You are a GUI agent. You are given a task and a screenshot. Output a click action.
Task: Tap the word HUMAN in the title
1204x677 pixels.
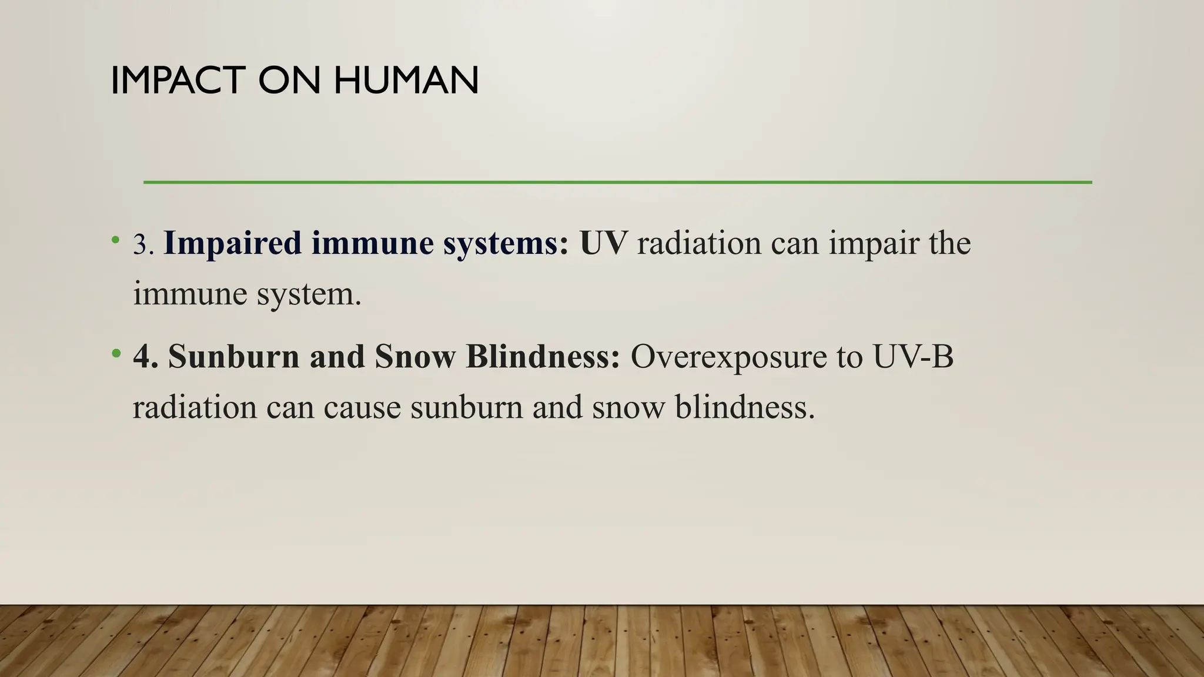[x=406, y=81]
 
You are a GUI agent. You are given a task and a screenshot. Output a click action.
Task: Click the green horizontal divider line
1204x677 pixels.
[x=617, y=182]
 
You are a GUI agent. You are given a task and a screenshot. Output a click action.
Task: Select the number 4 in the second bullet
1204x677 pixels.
[x=142, y=357]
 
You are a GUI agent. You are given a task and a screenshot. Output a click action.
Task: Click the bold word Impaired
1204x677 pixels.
[x=232, y=243]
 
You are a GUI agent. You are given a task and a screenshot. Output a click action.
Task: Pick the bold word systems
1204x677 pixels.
[x=506, y=243]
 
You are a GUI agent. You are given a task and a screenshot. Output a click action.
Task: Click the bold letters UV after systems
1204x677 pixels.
[x=603, y=243]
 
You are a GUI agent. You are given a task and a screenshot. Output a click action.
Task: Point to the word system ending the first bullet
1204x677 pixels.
[x=309, y=294]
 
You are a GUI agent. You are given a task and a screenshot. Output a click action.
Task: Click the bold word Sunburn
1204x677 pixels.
[x=233, y=357]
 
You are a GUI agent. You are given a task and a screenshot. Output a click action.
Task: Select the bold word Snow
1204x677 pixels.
[x=414, y=357]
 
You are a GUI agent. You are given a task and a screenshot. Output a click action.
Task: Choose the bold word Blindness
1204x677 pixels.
[x=542, y=357]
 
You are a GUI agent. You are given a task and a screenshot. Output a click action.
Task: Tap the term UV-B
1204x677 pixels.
[x=913, y=357]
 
